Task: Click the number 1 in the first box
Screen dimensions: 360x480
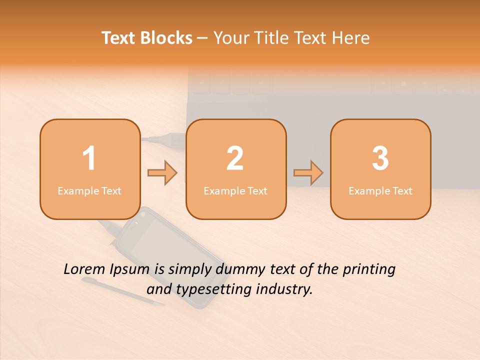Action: coord(89,158)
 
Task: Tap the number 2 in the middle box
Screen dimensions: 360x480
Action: coord(235,158)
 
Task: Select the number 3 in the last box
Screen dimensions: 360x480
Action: coord(380,158)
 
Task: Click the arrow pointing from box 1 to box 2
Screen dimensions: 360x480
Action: coord(162,173)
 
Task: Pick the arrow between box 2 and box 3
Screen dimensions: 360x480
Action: coord(308,173)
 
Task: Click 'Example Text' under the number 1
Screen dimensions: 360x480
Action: coord(89,190)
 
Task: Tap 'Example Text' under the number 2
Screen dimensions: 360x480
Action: coord(235,190)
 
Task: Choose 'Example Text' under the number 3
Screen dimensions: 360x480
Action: coord(380,190)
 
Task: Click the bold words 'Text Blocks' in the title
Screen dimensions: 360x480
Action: coord(147,38)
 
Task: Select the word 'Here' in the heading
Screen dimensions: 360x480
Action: coord(351,38)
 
